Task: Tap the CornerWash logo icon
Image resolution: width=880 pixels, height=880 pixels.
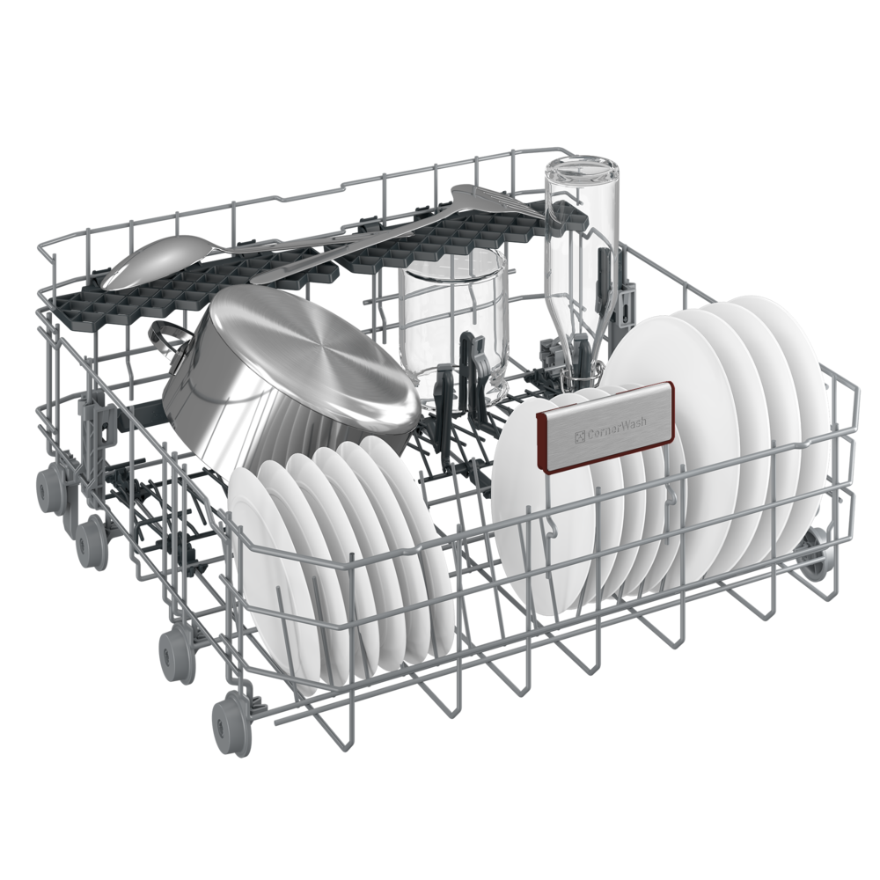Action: click(579, 436)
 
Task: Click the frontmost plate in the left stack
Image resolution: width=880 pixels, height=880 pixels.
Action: click(274, 578)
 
